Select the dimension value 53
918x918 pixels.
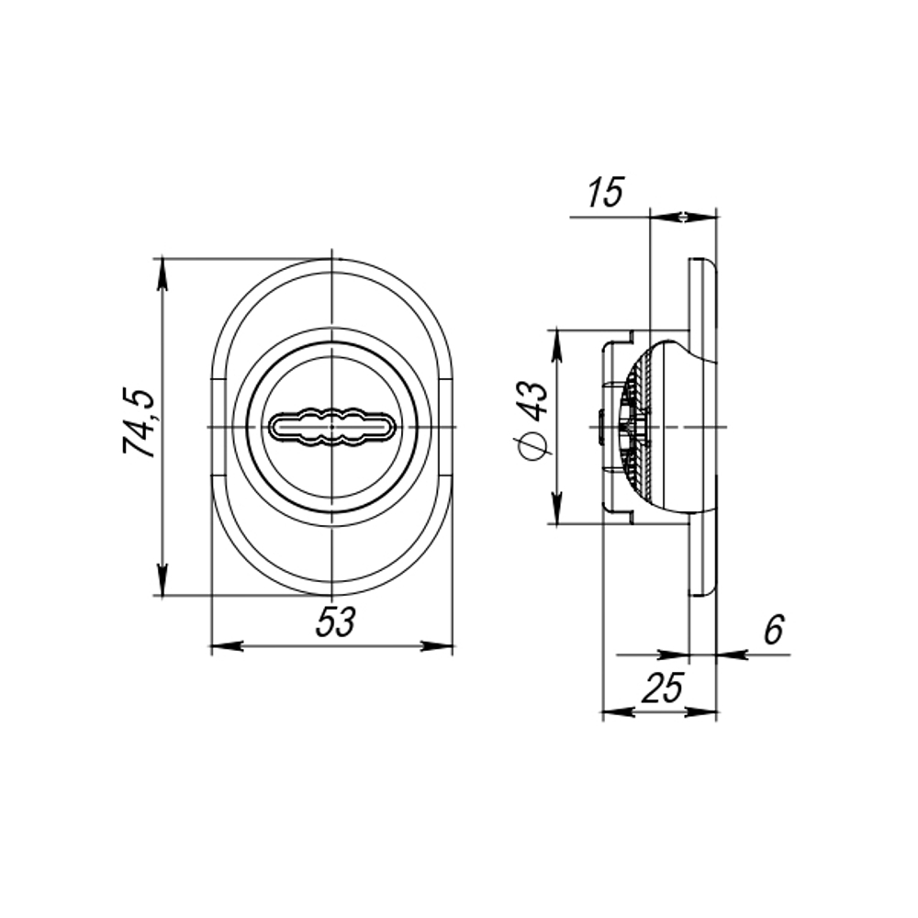coord(335,623)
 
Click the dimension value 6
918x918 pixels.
coord(773,631)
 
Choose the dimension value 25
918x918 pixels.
coord(664,688)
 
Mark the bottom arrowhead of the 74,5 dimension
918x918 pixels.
coord(162,582)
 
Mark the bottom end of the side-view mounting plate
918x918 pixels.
coord(700,591)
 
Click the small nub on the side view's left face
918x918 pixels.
coord(599,428)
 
